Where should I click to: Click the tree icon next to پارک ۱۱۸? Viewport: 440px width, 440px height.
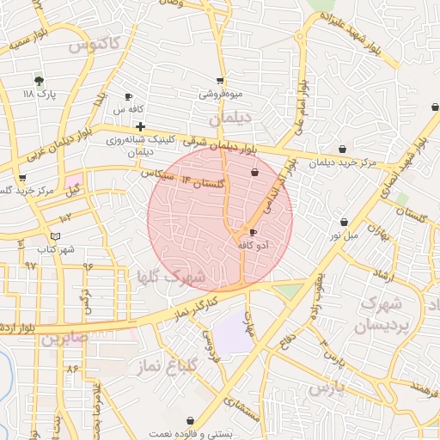click(38, 80)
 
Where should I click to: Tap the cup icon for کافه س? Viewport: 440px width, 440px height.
click(129, 97)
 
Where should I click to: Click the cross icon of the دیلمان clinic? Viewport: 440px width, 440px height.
click(140, 126)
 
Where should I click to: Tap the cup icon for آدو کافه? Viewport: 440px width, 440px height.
click(252, 232)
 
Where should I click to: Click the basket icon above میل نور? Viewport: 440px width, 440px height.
click(345, 222)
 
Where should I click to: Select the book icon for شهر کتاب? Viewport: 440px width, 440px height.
click(56, 235)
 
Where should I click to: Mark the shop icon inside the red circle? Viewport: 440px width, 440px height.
click(254, 173)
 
